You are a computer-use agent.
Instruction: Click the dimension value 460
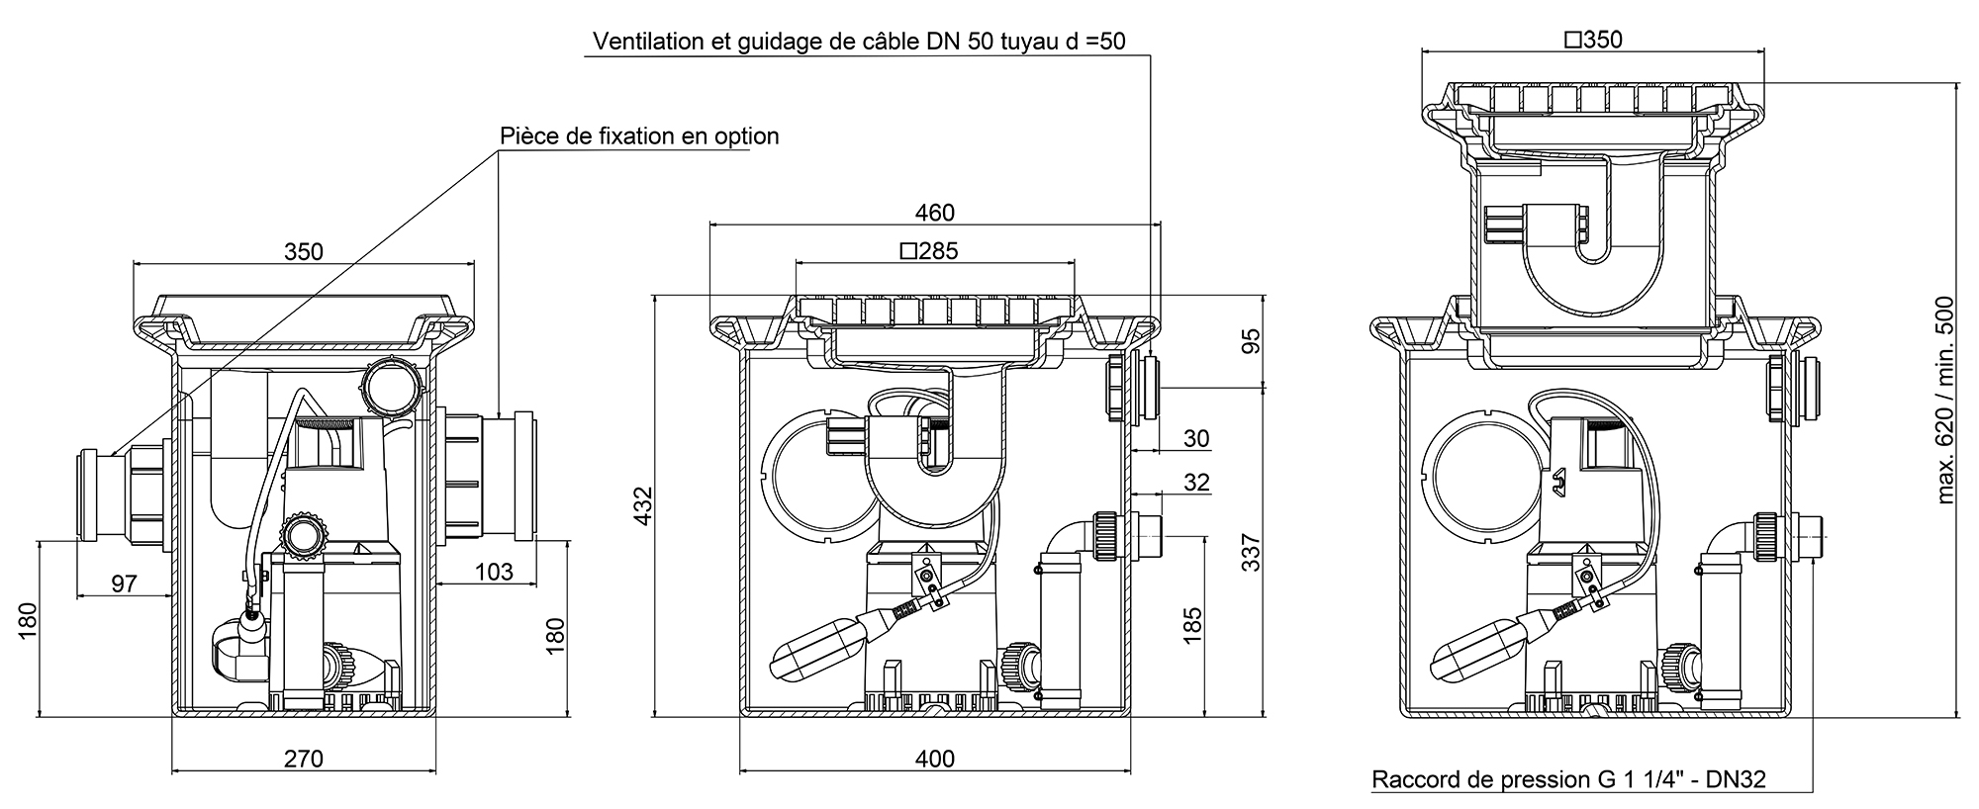click(x=934, y=213)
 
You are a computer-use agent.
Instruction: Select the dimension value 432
click(x=643, y=505)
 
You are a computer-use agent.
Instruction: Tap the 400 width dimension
click(x=934, y=759)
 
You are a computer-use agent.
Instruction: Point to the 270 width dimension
click(x=304, y=759)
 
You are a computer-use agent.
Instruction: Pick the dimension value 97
click(x=124, y=584)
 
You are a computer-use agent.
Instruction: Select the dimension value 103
click(x=494, y=571)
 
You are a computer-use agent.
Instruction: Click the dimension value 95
click(x=1251, y=341)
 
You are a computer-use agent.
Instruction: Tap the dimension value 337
click(x=1251, y=552)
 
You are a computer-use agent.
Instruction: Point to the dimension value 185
click(x=1192, y=625)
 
